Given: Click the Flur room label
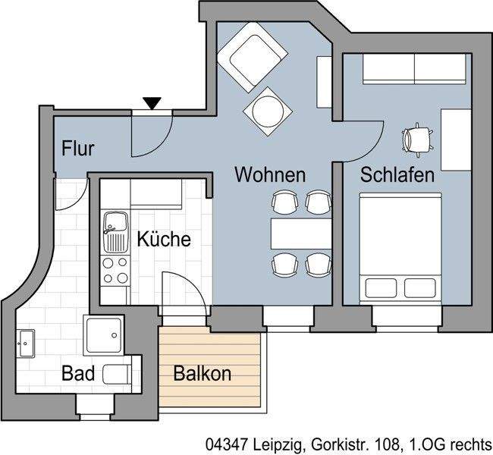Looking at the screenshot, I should [78, 148].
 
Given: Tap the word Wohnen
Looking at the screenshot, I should [269, 175].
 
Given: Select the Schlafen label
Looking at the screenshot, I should [397, 175].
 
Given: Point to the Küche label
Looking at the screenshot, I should [164, 240].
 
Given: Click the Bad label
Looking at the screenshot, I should [79, 374].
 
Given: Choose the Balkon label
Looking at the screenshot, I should [202, 374].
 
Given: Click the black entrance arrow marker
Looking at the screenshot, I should [152, 102].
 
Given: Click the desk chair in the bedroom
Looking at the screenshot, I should [416, 137].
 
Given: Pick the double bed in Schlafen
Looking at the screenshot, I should [400, 249].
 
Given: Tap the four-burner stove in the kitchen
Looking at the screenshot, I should [116, 270].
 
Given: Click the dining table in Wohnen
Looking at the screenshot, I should [301, 233].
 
